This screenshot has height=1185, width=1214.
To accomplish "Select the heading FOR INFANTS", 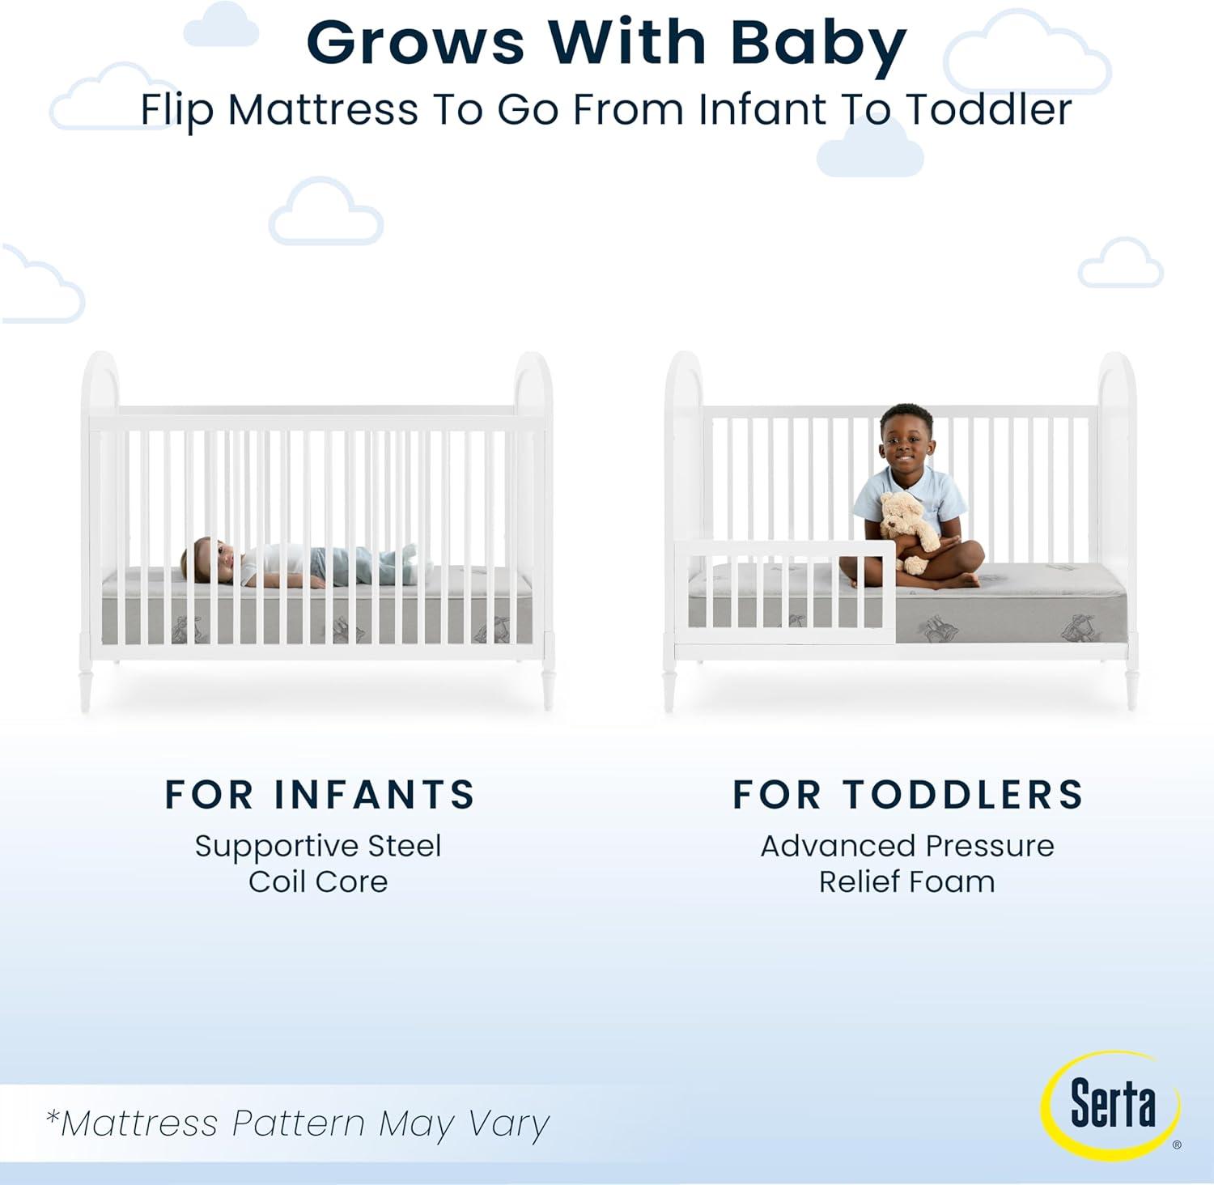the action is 320,795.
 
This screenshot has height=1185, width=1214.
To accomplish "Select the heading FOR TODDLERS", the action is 908,795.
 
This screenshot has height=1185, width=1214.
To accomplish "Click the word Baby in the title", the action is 818,43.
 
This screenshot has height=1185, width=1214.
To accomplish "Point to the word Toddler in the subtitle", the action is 988,109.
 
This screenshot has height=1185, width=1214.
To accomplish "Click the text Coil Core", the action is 318,881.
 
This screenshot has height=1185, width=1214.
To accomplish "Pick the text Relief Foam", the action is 907,881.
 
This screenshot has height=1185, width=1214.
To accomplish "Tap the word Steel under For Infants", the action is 404,846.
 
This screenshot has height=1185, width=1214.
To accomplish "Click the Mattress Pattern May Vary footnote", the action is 298,1123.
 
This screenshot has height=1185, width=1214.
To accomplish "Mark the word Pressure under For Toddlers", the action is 990,846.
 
